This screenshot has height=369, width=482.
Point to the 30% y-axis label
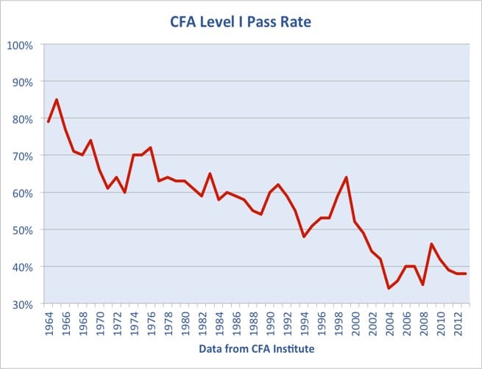(21, 304)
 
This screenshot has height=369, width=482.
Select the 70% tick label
(21, 156)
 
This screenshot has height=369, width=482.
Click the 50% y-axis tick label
(21, 229)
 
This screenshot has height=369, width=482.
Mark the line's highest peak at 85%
(57, 100)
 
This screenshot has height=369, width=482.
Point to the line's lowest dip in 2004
(389, 288)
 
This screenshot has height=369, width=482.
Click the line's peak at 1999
(346, 177)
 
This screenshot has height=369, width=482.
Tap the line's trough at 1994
(303, 236)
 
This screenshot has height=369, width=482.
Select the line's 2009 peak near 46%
(431, 244)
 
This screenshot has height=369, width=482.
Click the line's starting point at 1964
(49, 122)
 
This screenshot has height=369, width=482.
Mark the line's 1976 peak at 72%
(150, 148)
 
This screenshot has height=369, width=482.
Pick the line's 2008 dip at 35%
(422, 284)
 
